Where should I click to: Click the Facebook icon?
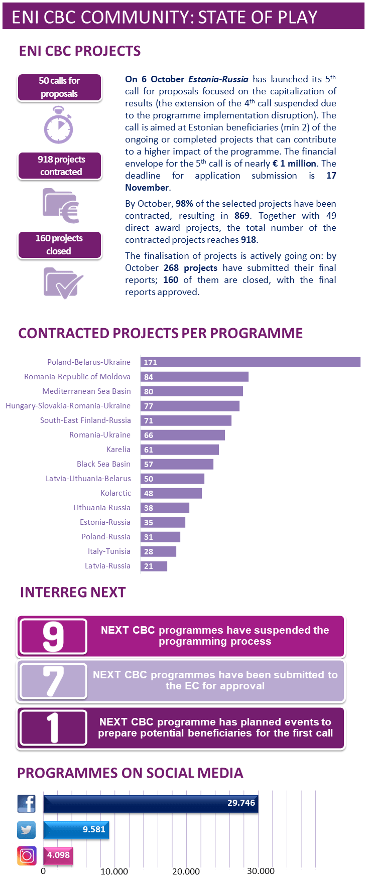coord(26,803)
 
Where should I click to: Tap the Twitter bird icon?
coord(26,829)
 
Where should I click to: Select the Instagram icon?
coord(27,855)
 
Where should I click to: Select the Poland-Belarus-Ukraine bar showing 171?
coord(250,362)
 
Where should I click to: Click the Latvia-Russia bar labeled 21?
coord(154,566)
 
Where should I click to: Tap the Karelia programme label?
coord(118,450)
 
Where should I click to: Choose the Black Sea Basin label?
coord(103,464)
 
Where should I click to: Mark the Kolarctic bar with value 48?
coord(171,493)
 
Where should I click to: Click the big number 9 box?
coord(53,637)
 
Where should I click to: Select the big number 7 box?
coord(53,681)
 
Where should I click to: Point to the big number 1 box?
coord(53,727)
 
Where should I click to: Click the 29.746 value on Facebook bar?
coord(241,803)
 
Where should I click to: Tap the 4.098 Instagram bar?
coord(58,855)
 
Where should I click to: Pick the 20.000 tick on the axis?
coord(186,871)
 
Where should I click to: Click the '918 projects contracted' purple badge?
coord(60,166)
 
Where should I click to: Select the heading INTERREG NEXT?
coord(73,593)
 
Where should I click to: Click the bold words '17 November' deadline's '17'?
coord(331,176)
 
